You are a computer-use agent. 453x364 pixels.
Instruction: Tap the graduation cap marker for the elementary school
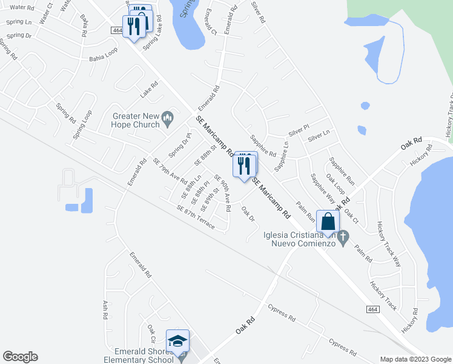(178, 341)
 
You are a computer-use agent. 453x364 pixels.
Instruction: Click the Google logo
(20, 356)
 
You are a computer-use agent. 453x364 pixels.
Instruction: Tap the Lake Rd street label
(148, 92)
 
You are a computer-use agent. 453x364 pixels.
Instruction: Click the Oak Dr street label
(248, 214)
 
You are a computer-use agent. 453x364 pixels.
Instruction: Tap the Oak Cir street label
(151, 333)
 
